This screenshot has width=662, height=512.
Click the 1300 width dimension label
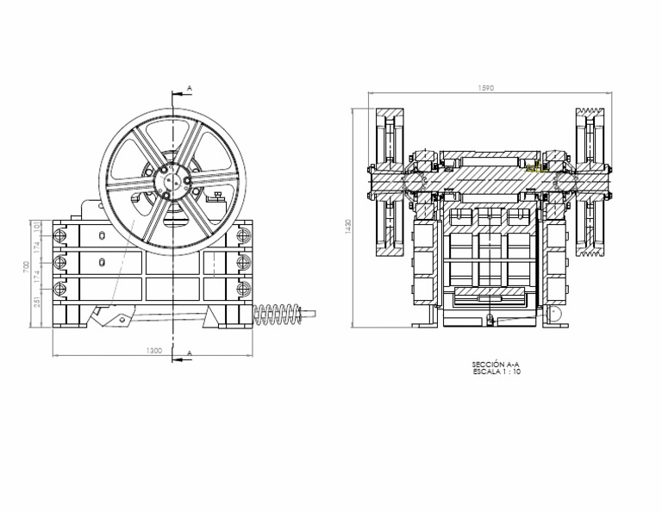[153, 351]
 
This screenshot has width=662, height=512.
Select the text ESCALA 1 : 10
[496, 372]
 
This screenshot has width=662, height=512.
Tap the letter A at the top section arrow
[187, 89]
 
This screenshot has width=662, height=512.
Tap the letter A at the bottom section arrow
[187, 353]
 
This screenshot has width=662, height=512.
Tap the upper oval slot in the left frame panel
[103, 235]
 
